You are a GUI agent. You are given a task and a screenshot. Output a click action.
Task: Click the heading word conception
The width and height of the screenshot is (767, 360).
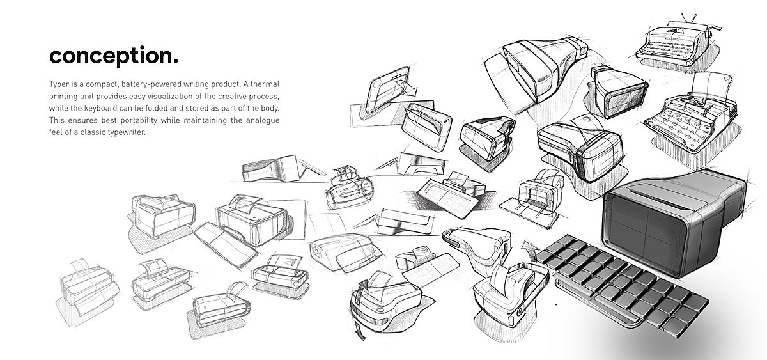click(113, 56)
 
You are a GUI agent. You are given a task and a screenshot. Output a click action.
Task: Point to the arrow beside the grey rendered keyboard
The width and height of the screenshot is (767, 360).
click(529, 246)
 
